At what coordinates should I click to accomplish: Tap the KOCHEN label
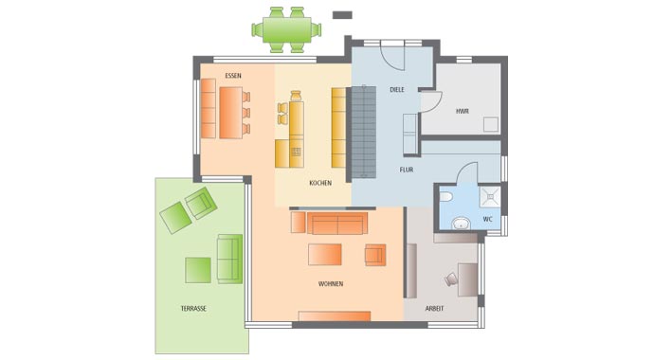(x=320, y=183)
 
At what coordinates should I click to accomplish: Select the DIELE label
(x=397, y=90)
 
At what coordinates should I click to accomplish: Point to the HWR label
(x=462, y=111)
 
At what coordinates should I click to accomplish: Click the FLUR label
(x=406, y=170)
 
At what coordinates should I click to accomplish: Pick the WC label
(x=487, y=219)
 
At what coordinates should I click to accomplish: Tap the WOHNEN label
(x=330, y=283)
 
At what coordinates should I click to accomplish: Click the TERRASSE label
(x=193, y=309)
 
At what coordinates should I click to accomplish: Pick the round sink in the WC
(x=460, y=225)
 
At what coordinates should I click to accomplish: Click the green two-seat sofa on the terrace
(x=229, y=259)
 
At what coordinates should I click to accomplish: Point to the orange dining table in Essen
(x=230, y=113)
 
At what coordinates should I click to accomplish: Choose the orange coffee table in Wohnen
(x=324, y=257)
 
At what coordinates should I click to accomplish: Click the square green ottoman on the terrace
(x=198, y=269)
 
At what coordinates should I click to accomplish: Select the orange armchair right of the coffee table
(x=375, y=254)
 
